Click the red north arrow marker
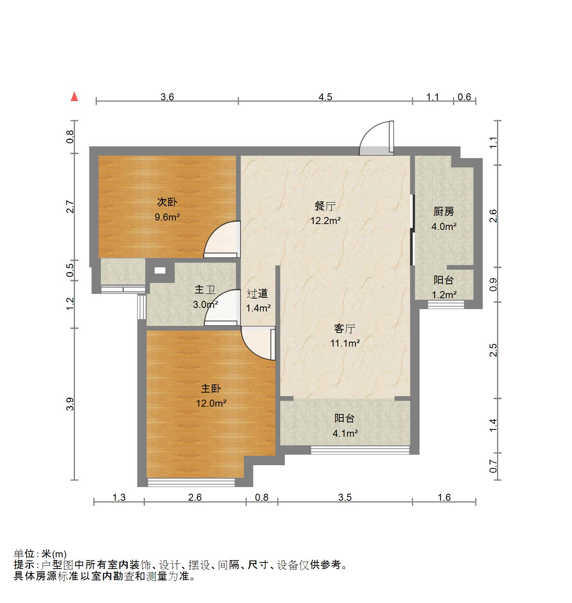[74, 96]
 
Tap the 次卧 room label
[167, 202]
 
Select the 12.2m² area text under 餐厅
[326, 221]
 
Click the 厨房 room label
[444, 212]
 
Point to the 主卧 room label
[211, 388]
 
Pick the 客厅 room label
[345, 329]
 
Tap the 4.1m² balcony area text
[345, 433]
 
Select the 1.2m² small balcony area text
[444, 295]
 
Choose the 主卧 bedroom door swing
[258, 343]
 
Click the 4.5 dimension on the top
[325, 97]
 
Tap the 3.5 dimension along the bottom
[345, 497]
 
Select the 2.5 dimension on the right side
[494, 350]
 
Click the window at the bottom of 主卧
[191, 482]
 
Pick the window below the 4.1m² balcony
[360, 450]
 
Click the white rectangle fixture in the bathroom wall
[160, 270]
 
